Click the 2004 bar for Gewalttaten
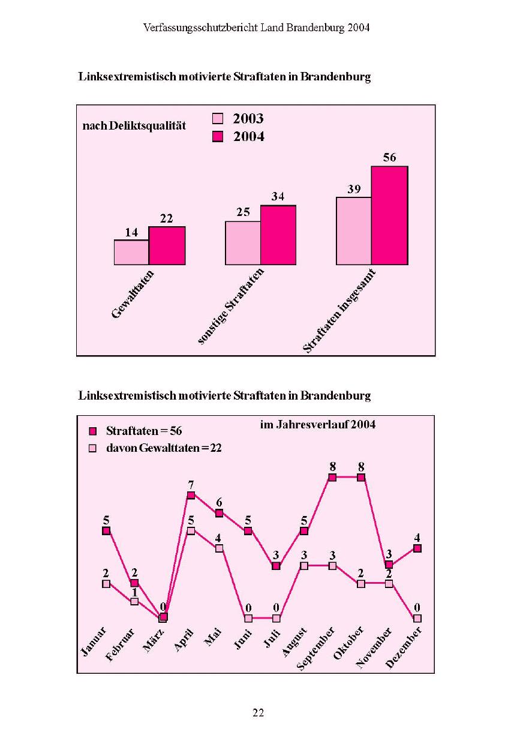(167, 246)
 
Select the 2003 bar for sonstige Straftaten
(243, 243)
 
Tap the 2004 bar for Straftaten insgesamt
(389, 215)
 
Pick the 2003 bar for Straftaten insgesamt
(354, 231)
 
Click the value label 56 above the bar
(390, 157)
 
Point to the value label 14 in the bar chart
(131, 232)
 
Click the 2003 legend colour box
(218, 119)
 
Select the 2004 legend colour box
(218, 137)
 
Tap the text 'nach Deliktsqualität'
(134, 125)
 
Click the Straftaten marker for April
(191, 495)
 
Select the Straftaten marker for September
(332, 477)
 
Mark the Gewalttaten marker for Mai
(220, 548)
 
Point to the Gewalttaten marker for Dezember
(417, 618)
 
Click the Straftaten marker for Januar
(106, 530)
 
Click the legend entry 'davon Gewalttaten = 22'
(163, 448)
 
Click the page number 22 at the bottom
(258, 713)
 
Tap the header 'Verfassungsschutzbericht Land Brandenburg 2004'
(257, 28)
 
